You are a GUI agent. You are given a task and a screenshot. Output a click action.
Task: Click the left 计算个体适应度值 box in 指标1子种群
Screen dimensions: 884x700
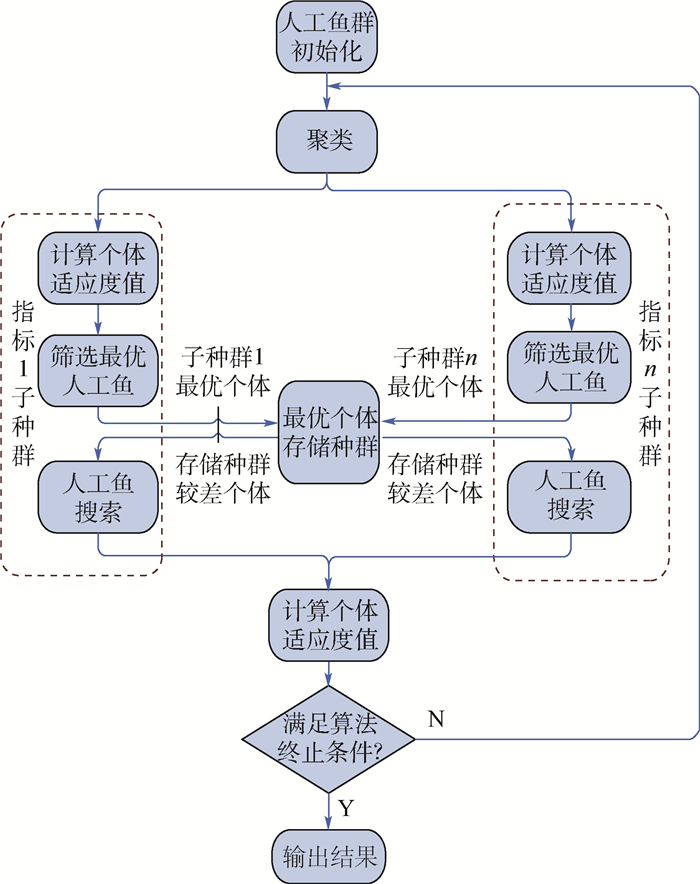(x=98, y=267)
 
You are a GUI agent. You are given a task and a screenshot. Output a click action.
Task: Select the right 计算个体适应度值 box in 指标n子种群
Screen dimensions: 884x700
(x=570, y=267)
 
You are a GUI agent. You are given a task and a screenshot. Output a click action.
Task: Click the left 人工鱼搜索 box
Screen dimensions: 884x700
(x=98, y=497)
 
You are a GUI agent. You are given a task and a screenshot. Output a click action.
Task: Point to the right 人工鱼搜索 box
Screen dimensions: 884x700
(x=570, y=497)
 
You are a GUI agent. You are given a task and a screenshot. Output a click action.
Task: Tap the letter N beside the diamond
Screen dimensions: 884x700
(x=436, y=718)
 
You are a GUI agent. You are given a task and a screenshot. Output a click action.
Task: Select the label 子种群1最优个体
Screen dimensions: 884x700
(x=222, y=371)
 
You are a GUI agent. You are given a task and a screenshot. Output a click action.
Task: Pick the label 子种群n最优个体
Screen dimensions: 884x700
(x=436, y=371)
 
